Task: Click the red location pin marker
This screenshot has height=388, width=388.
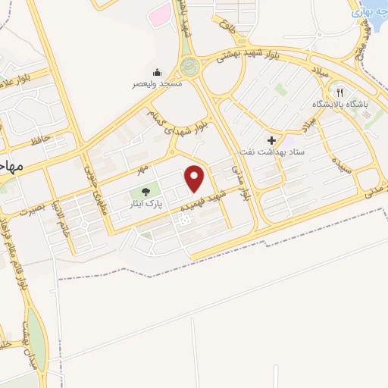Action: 196,178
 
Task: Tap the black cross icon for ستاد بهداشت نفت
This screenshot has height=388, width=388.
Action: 271,140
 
